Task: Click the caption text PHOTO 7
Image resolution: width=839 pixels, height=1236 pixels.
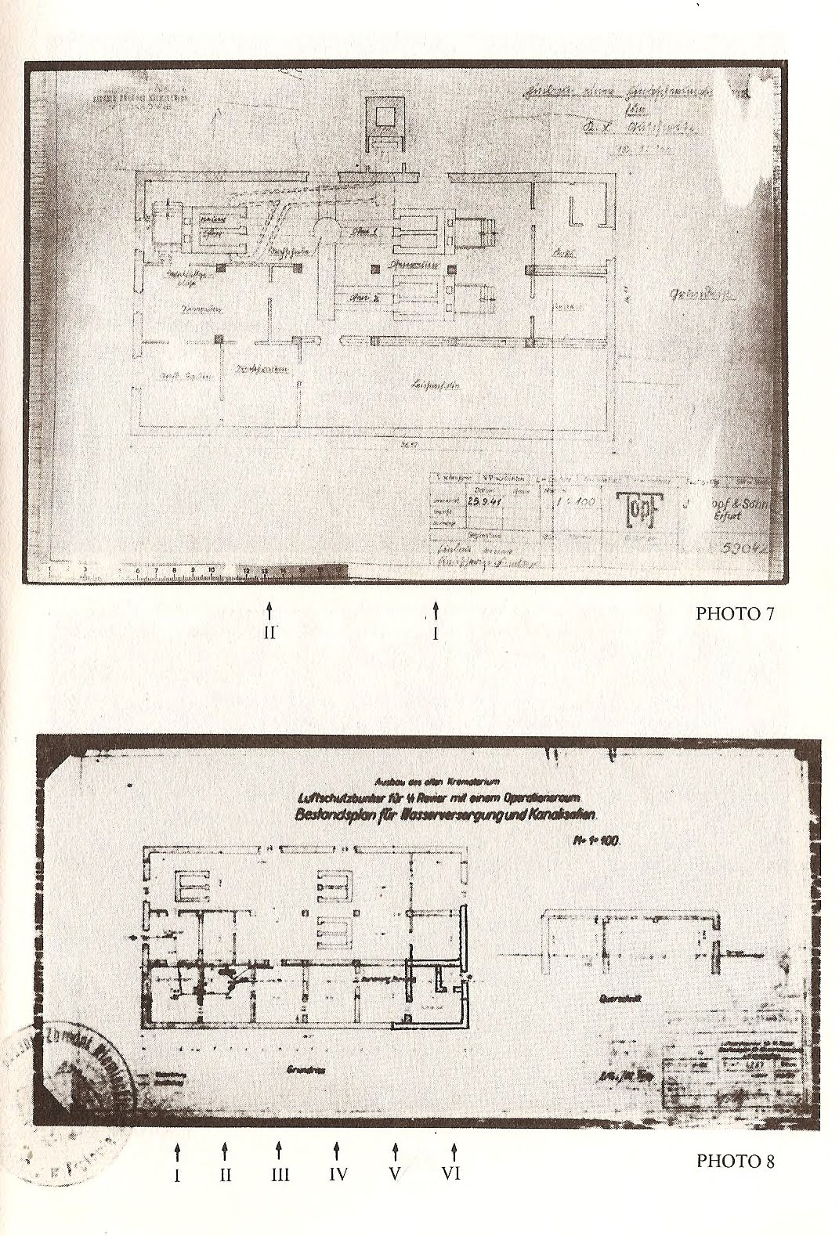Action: coord(734,613)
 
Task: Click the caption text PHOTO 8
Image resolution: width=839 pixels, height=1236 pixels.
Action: coord(735,1160)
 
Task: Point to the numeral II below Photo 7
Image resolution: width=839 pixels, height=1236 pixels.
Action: coord(269,633)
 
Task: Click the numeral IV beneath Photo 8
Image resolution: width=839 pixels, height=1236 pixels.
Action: coord(337,1174)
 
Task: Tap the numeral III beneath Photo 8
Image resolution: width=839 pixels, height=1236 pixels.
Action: coord(280,1174)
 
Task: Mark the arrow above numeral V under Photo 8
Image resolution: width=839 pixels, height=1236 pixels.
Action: coord(396,1151)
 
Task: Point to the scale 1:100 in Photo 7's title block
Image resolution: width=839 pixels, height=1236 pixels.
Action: coord(573,506)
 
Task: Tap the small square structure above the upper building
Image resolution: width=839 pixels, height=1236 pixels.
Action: coord(384,117)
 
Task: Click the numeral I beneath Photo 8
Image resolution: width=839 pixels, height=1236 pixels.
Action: coord(178,1174)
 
